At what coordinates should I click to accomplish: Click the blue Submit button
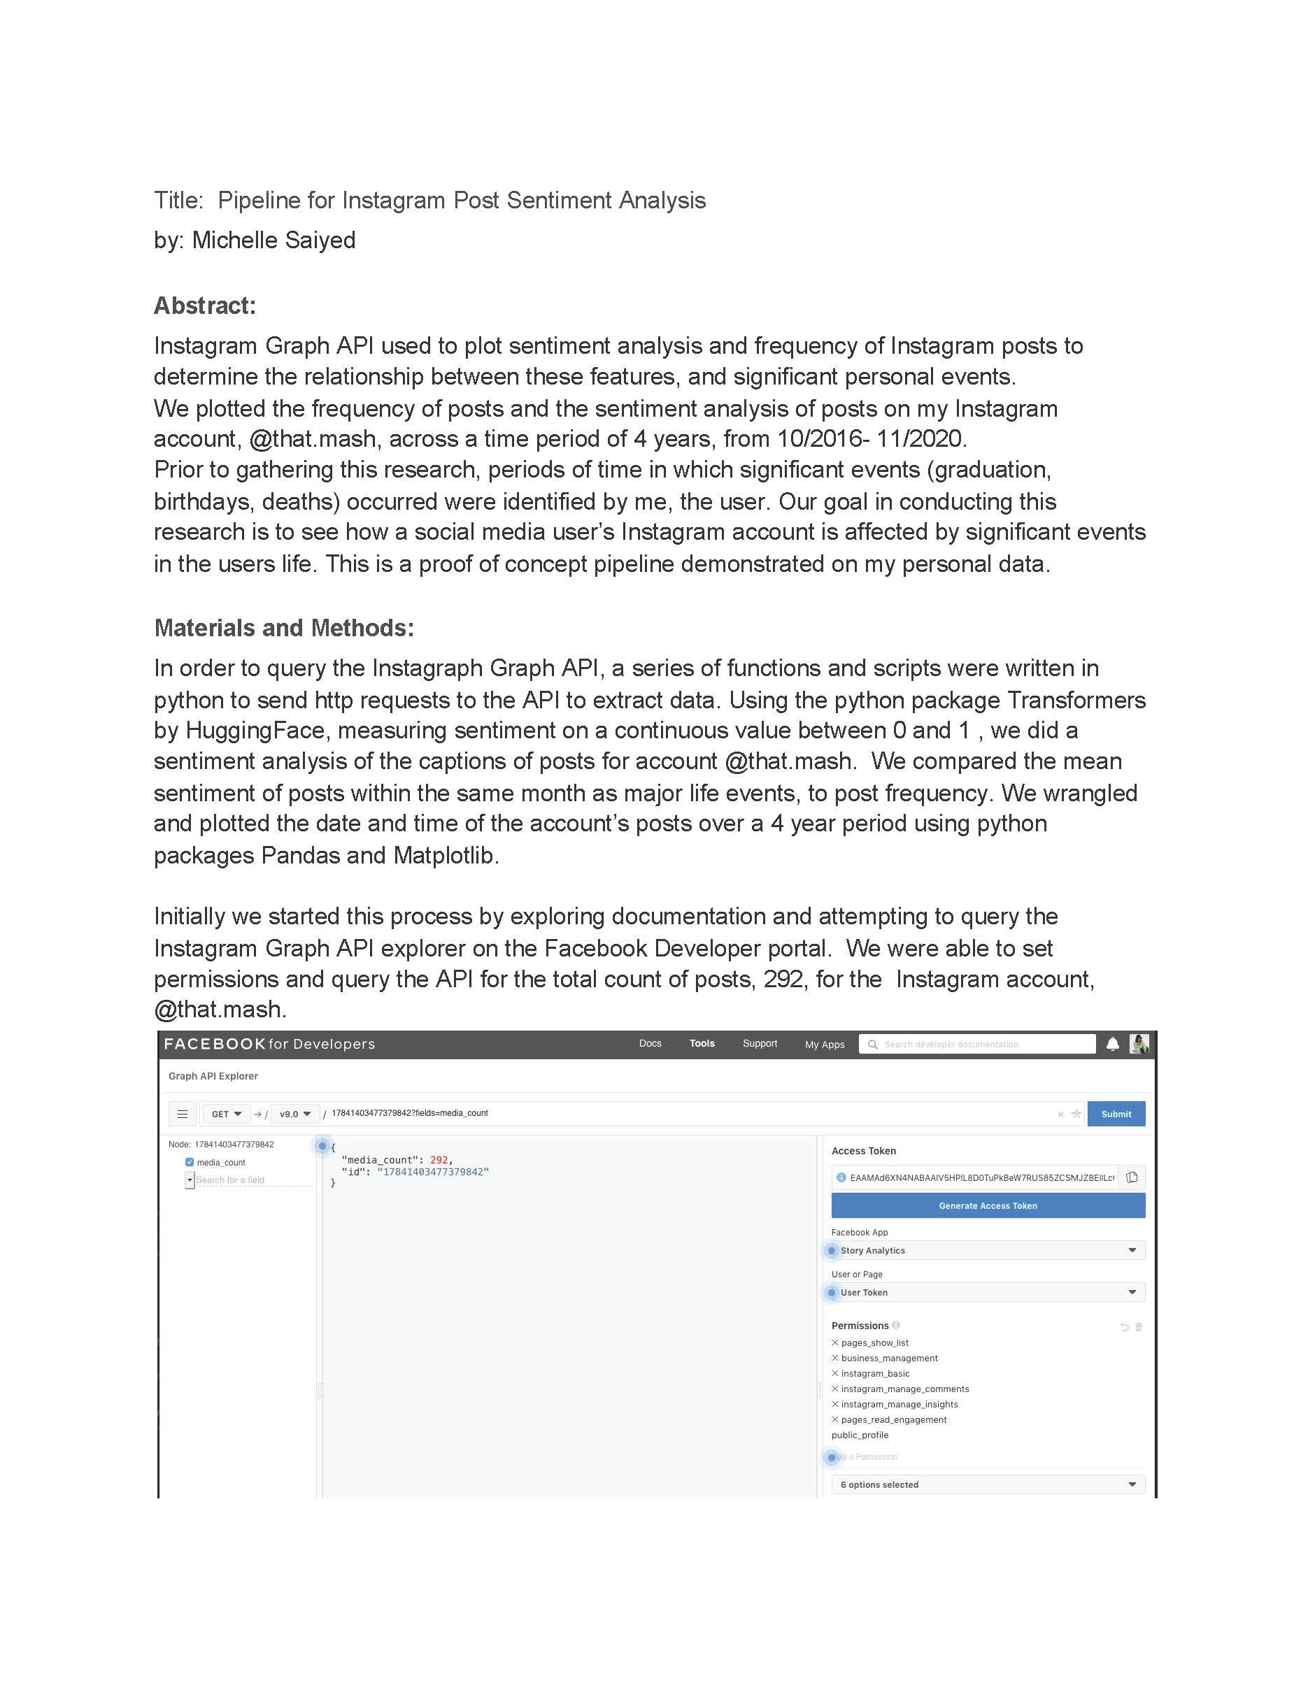tap(1115, 1114)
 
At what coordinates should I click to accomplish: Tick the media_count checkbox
tap(189, 1162)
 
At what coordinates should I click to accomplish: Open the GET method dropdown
tap(225, 1114)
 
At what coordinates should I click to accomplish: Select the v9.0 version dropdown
tap(294, 1114)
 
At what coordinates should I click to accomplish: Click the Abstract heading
tap(204, 306)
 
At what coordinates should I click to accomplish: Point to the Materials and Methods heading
tap(283, 628)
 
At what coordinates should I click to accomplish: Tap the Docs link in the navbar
tap(650, 1044)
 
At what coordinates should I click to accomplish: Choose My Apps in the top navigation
tap(825, 1045)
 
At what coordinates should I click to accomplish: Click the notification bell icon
tap(1113, 1044)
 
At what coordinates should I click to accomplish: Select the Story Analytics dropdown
tap(987, 1250)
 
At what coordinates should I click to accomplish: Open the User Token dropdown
tap(987, 1292)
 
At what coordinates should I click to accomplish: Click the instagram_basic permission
tap(875, 1374)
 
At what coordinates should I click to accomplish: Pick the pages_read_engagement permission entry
tap(893, 1420)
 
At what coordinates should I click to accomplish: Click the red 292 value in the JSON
tap(439, 1160)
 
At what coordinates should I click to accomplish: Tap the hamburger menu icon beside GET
tap(182, 1114)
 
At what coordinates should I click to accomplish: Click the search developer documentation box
tap(978, 1045)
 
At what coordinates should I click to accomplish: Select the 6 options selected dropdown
tap(987, 1484)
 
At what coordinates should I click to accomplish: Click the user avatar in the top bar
tap(1139, 1044)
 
